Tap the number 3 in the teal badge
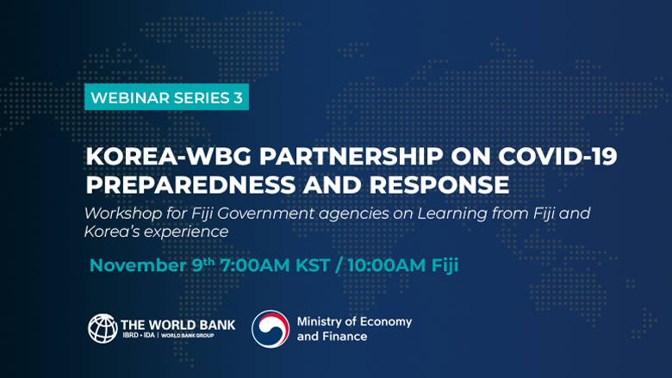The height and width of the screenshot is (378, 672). [x=238, y=97]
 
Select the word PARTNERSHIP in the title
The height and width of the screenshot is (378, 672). [x=351, y=156]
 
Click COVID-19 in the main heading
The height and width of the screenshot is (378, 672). [x=557, y=156]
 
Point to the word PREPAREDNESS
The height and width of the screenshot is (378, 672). [x=190, y=184]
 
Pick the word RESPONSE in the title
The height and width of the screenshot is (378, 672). [x=439, y=184]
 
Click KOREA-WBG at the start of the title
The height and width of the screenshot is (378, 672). [x=168, y=156]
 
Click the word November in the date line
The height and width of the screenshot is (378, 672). [x=138, y=265]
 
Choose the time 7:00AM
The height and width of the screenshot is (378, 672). [x=255, y=265]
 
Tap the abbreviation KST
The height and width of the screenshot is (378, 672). [x=313, y=265]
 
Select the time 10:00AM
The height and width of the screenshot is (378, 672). [x=387, y=265]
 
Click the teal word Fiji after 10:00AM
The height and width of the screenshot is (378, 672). [x=445, y=266]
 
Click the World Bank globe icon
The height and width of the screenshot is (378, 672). [x=103, y=328]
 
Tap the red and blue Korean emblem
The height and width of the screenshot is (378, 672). [x=271, y=329]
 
